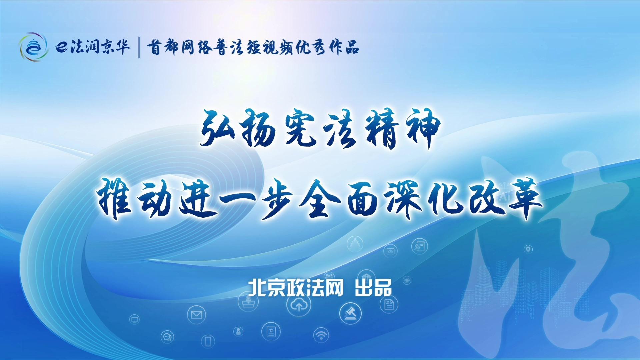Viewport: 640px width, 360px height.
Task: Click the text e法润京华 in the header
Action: (93, 47)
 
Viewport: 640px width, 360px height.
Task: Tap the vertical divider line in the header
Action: (139, 47)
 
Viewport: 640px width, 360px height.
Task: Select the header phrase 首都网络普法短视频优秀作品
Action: (253, 47)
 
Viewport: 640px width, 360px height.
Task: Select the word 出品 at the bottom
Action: (373, 288)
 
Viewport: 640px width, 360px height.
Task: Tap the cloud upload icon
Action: (299, 305)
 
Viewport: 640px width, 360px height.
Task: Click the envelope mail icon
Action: (196, 314)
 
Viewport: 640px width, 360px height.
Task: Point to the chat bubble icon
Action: (167, 337)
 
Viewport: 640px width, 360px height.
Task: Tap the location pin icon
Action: (528, 249)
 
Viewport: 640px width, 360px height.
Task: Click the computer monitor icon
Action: (134, 319)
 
